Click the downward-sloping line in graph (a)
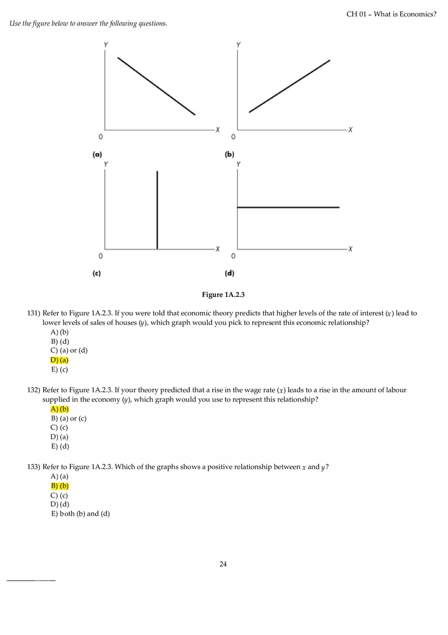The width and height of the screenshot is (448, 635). pyautogui.click(x=156, y=86)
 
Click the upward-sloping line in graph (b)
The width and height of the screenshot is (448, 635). pyautogui.click(x=289, y=86)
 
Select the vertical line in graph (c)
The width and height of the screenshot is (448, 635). pyautogui.click(x=157, y=210)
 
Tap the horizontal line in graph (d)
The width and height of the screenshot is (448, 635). pyautogui.click(x=288, y=207)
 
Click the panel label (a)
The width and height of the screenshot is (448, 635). pyautogui.click(x=97, y=154)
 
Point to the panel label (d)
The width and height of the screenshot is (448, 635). pyautogui.click(x=230, y=273)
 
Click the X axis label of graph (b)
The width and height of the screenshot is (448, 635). pyautogui.click(x=350, y=129)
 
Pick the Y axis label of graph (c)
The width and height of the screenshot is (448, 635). pyautogui.click(x=105, y=164)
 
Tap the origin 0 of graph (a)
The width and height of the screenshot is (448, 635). pyautogui.click(x=100, y=137)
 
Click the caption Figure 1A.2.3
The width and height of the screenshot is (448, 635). pyautogui.click(x=223, y=295)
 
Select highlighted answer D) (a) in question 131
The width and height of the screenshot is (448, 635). pyautogui.click(x=59, y=360)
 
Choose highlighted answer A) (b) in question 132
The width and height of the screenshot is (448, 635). pyautogui.click(x=60, y=409)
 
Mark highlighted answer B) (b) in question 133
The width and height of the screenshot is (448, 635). pyautogui.click(x=60, y=486)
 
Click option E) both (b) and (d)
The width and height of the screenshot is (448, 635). pyautogui.click(x=80, y=514)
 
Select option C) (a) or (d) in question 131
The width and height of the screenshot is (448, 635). pyautogui.click(x=69, y=350)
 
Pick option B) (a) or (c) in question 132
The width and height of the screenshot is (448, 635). pyautogui.click(x=69, y=419)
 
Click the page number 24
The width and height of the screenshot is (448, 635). pyautogui.click(x=223, y=564)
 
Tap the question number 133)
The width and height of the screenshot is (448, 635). pyautogui.click(x=34, y=467)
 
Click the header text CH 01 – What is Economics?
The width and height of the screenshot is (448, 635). pyautogui.click(x=391, y=14)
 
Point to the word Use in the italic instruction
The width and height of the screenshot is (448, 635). pyautogui.click(x=15, y=23)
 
